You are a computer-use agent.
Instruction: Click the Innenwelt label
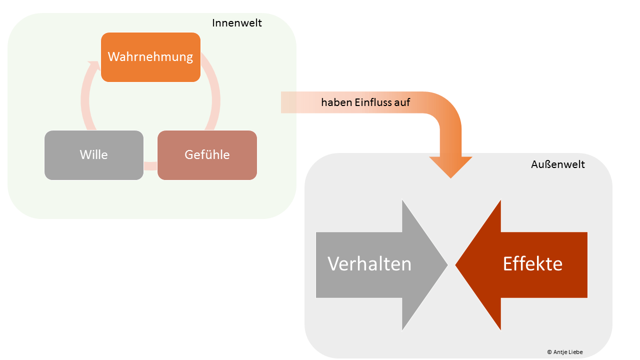tap(236, 23)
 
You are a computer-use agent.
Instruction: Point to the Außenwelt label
tap(557, 164)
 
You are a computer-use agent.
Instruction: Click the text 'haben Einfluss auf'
tap(365, 102)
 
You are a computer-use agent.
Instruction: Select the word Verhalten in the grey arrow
tap(369, 264)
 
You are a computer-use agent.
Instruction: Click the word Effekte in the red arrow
tap(532, 264)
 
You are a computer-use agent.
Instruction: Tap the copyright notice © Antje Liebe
tap(564, 352)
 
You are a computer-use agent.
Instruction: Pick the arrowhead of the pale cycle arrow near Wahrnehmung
tap(93, 65)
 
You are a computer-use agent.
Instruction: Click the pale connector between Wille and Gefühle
tap(150, 166)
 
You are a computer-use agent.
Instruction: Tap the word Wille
tap(94, 155)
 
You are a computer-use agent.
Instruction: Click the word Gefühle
tap(207, 155)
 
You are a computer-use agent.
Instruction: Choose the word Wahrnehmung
tap(150, 57)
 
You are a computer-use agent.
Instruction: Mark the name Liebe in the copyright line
tap(574, 352)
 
